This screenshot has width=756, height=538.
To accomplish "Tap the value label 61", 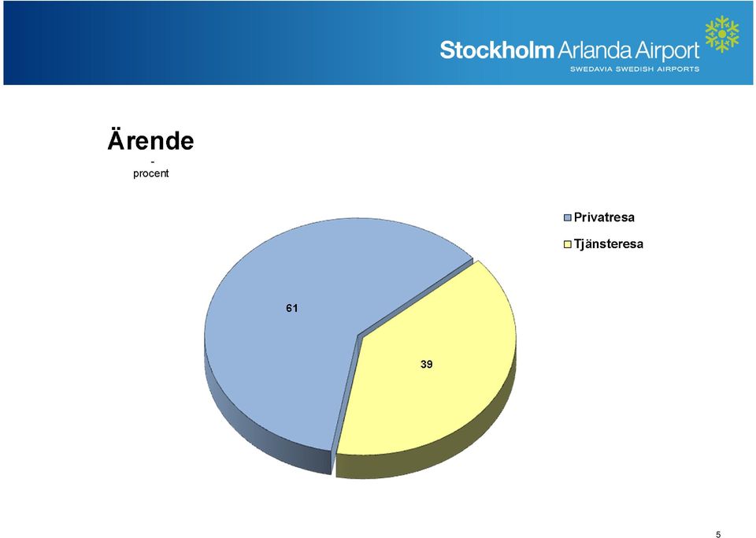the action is pos(291,308).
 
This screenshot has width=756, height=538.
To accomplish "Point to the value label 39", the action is pos(426,365).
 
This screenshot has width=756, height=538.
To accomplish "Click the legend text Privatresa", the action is pos(604,217).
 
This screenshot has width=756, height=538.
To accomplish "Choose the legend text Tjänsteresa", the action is pos(609,244).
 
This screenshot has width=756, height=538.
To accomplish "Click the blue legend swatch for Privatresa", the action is pos(568,218).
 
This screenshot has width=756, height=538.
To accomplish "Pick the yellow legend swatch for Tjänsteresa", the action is pos(568,244).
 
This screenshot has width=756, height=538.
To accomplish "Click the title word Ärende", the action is pos(151,139).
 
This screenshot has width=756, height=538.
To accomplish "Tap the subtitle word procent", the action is pos(151,173).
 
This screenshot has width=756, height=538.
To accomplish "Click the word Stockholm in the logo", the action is pos(497,50).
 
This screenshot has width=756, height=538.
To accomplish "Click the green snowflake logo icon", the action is pos(722,34).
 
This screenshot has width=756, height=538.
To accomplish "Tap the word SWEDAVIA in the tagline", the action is pos(591,69).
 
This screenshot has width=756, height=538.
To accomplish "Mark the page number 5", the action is pos(718,534).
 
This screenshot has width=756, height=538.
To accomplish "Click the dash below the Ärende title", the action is pos(152,161).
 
